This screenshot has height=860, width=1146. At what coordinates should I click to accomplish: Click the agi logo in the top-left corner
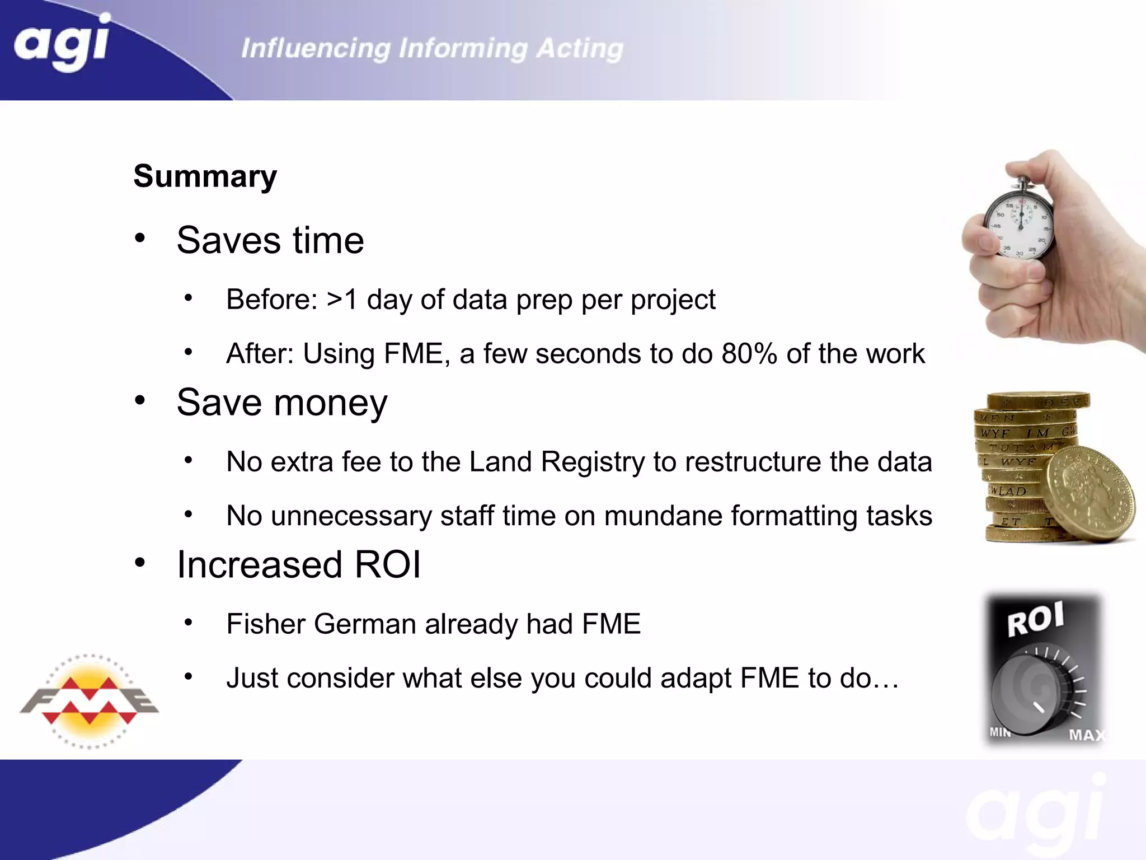coord(62,44)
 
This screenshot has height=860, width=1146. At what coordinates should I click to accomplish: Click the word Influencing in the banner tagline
coord(316,49)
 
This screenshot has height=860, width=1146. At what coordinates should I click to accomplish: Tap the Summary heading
coord(205,176)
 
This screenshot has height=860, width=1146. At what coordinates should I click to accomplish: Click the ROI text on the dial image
coord(1035,619)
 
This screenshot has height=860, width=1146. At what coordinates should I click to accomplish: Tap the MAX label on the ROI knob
coord(1086,735)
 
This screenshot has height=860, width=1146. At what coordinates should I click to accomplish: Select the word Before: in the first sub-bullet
coord(272,300)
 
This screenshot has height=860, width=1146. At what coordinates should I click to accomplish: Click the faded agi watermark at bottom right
coord(1035,812)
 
